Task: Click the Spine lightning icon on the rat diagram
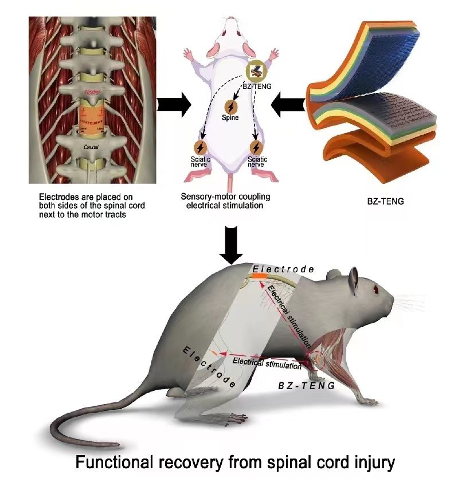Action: pyautogui.click(x=232, y=107)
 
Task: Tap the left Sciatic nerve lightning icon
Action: pyautogui.click(x=201, y=147)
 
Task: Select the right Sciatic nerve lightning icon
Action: pyautogui.click(x=257, y=147)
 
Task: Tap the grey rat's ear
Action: pyautogui.click(x=353, y=280)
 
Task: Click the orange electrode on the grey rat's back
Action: pyautogui.click(x=259, y=276)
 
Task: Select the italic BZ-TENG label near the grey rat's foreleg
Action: pyautogui.click(x=307, y=386)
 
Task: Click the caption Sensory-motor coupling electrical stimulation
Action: pyautogui.click(x=230, y=201)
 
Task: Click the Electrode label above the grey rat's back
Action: pyautogui.click(x=283, y=269)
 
